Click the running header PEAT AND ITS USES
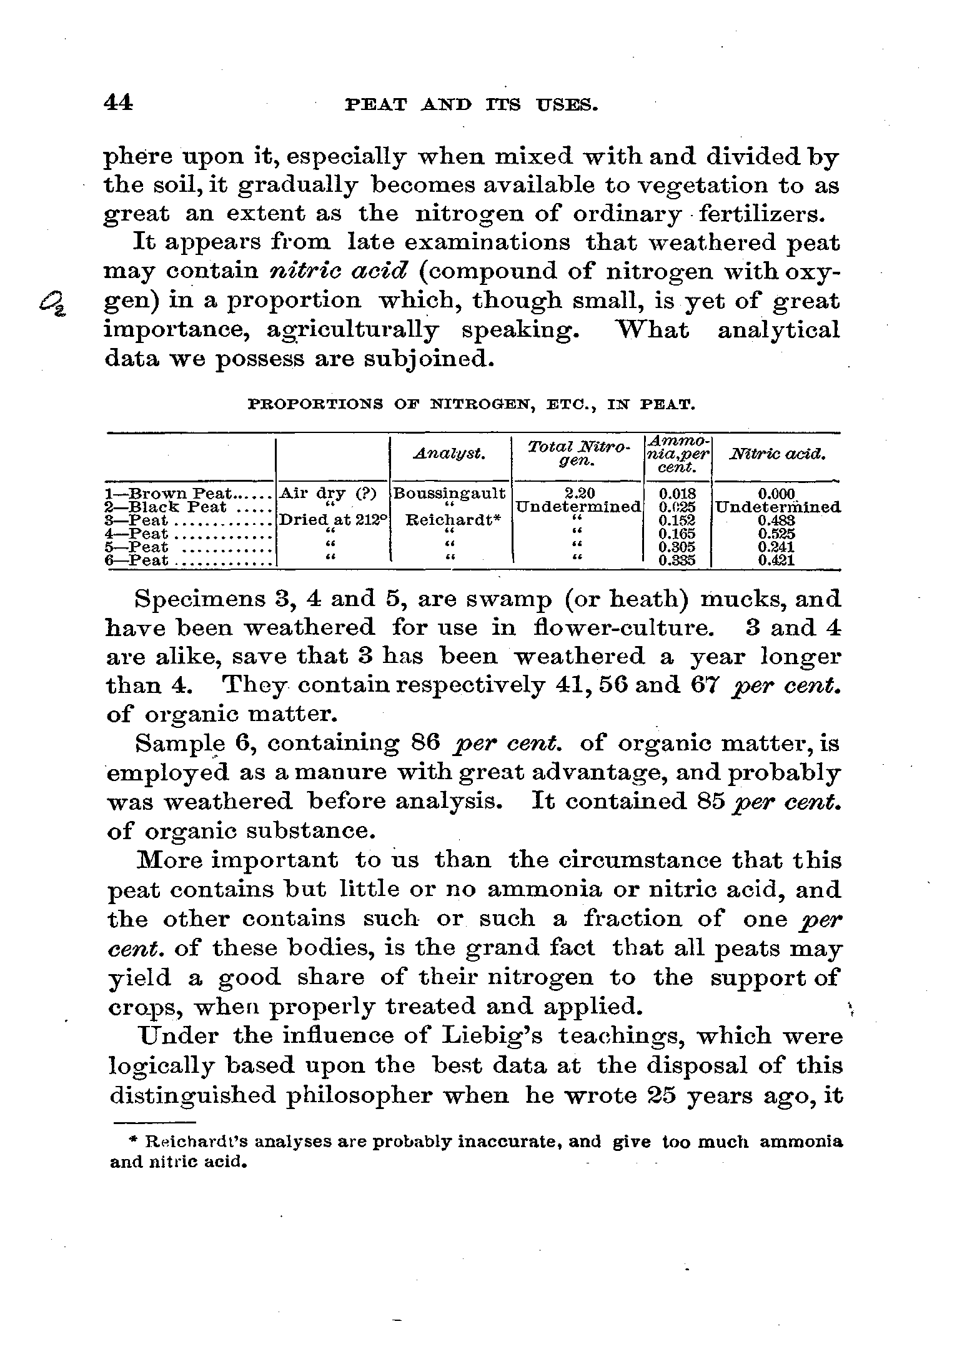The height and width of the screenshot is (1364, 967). [472, 105]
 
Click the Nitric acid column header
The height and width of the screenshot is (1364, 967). [777, 454]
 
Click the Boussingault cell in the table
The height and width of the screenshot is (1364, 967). [450, 494]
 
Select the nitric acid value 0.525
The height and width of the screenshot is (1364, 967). [776, 534]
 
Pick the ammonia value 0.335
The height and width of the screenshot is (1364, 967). [677, 560]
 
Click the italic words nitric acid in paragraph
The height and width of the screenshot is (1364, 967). [340, 272]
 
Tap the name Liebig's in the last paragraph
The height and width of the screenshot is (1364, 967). [477, 1037]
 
